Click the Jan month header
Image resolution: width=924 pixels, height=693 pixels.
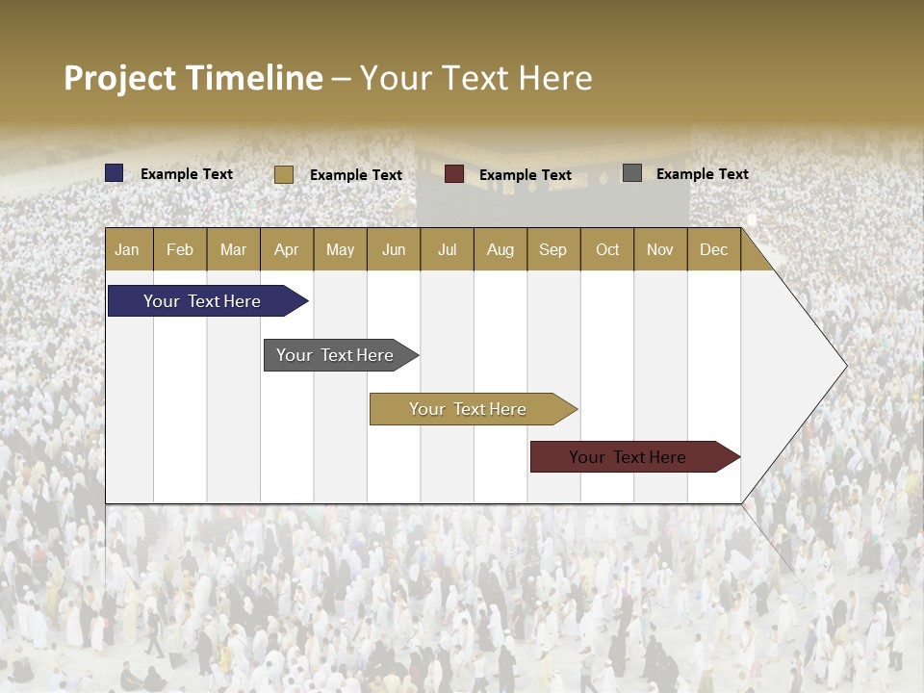coord(128,249)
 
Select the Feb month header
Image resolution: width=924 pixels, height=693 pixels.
coord(180,249)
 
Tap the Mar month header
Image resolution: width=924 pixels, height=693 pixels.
coord(233,249)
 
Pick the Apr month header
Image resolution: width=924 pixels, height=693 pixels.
coord(287,249)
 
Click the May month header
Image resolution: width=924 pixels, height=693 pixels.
coord(340,249)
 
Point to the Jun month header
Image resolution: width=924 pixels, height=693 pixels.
coord(394,249)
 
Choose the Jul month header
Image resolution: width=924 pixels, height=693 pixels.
coord(447,249)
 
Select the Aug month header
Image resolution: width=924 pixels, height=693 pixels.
coord(500,249)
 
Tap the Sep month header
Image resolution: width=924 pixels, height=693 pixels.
coord(553,249)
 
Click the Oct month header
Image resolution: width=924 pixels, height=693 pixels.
coord(607,249)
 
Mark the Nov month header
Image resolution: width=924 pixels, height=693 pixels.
coord(660,249)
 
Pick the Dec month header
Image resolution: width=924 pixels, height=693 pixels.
coord(714,249)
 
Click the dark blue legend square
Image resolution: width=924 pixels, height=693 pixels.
coord(115,173)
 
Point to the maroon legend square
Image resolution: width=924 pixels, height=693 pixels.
coord(454,174)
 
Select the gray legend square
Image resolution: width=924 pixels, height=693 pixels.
coord(632,173)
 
